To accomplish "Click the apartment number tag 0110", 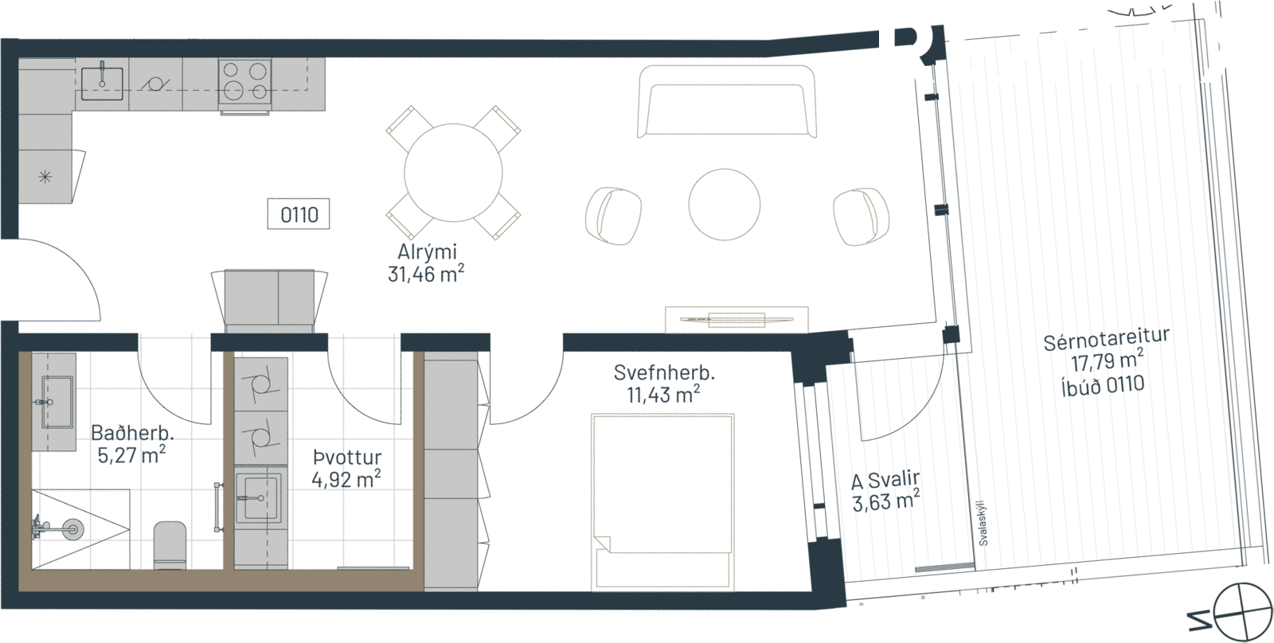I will click(299, 215).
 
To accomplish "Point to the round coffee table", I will click(724, 203).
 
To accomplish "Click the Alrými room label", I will click(427, 253).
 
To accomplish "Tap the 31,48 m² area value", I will click(425, 275).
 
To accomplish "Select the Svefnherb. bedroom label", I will click(663, 372).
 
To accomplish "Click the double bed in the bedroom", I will click(662, 501).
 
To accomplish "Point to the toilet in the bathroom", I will click(170, 544).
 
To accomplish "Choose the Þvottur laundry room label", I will click(347, 458).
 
